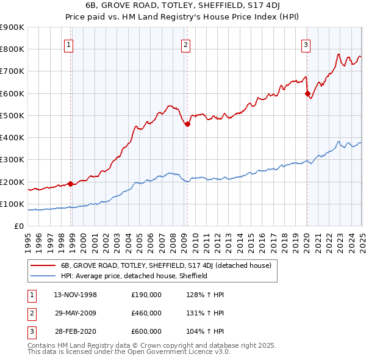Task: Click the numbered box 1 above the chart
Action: coord(68,44)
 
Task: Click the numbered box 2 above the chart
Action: coord(185,44)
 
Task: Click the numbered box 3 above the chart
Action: coord(306,44)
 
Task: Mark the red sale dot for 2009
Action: coord(187,124)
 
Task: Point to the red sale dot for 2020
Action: coord(307,93)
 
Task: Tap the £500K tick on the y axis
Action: coord(12,115)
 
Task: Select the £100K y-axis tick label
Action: coord(12,204)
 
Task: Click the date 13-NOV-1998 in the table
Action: coord(76,295)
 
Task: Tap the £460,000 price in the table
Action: coord(146,313)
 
